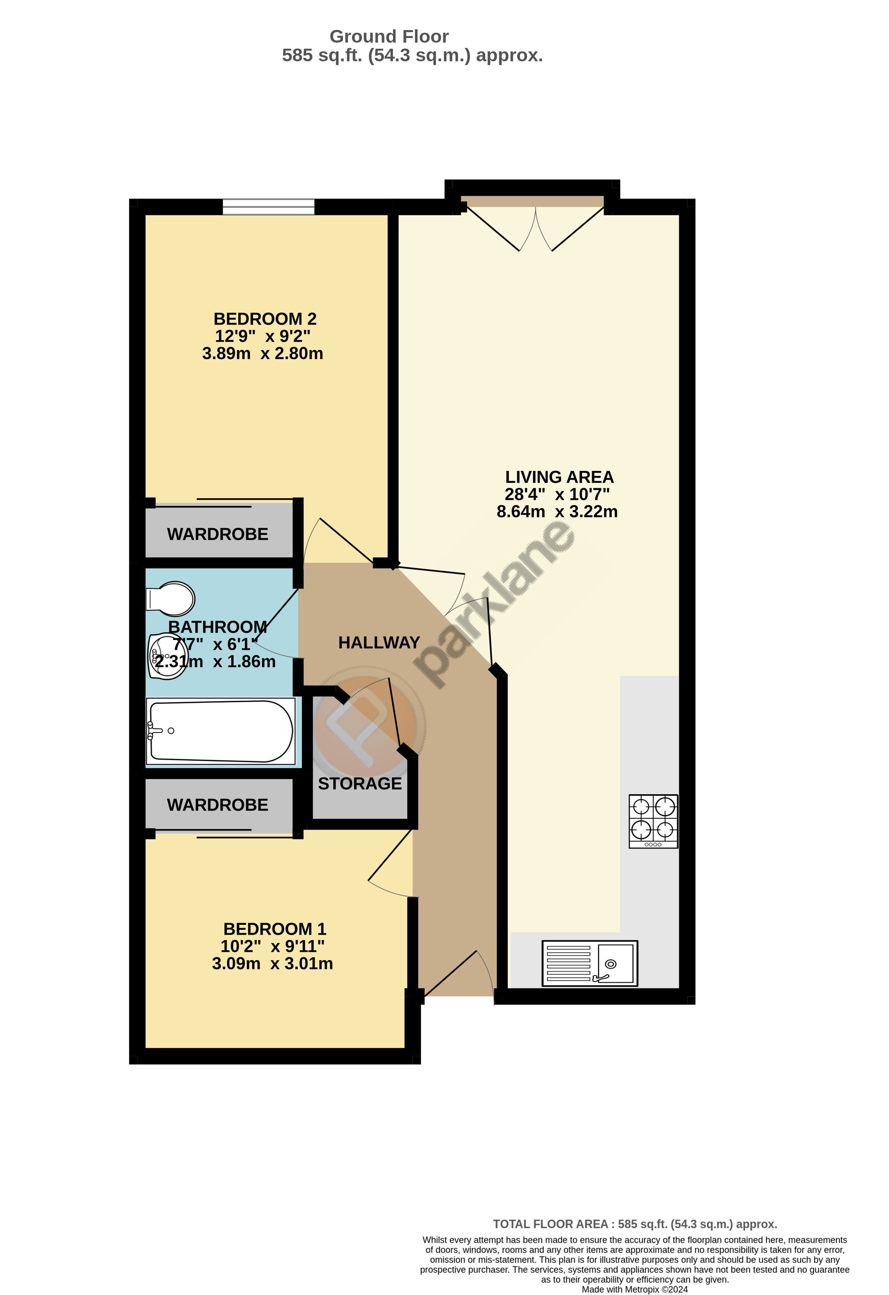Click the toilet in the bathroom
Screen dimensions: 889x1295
click(170, 599)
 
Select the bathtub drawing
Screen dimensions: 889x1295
click(221, 731)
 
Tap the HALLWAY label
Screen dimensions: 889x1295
click(379, 643)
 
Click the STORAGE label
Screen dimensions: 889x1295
click(360, 783)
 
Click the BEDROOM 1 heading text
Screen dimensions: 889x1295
click(275, 929)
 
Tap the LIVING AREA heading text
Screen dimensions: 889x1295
click(559, 477)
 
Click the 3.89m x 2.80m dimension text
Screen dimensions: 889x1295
click(263, 353)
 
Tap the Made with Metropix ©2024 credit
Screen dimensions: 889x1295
click(635, 1289)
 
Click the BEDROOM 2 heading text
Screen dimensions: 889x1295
click(265, 319)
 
